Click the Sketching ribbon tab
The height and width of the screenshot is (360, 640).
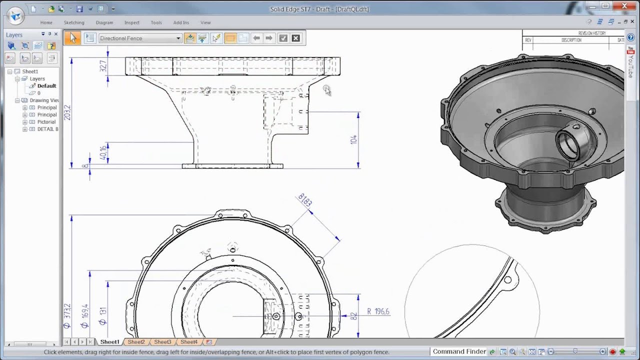click(74, 22)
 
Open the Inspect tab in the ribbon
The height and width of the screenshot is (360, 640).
click(132, 22)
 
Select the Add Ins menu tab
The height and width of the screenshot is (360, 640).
click(181, 22)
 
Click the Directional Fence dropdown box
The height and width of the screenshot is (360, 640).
click(140, 38)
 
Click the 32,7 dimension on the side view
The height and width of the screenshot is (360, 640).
click(103, 66)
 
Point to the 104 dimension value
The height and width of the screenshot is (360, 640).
click(353, 139)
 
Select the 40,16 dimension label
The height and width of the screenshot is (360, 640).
click(103, 153)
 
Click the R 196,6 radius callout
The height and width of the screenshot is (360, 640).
click(378, 311)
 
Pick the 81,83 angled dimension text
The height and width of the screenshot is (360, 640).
click(305, 200)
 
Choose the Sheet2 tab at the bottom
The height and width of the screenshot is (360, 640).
click(136, 342)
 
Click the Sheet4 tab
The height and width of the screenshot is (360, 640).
click(188, 342)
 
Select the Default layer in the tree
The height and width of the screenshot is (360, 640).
click(46, 86)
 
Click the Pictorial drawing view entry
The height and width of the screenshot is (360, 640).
click(46, 122)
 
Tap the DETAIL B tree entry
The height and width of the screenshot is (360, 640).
click(47, 129)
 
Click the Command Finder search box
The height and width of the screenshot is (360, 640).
click(459, 351)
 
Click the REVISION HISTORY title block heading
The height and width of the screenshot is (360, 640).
click(592, 33)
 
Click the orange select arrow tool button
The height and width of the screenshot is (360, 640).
click(73, 38)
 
